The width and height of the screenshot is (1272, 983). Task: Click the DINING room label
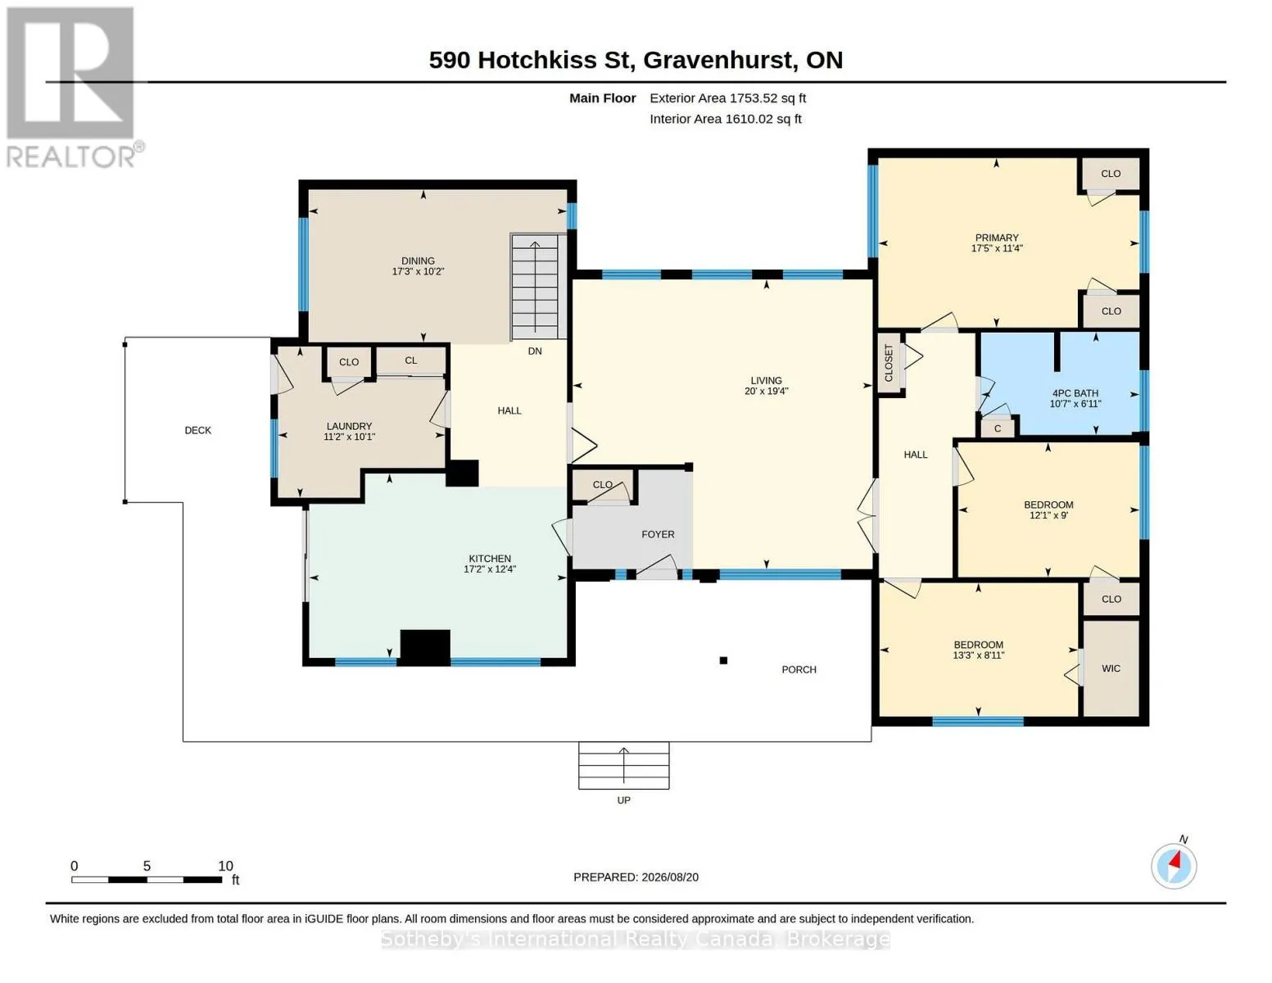click(418, 260)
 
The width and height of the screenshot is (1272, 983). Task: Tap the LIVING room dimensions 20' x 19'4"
click(767, 391)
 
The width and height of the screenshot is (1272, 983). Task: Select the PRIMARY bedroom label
click(997, 238)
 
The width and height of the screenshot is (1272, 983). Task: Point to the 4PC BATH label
click(1075, 393)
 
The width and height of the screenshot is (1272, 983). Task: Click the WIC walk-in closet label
click(1111, 668)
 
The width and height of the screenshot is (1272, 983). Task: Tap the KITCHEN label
click(490, 559)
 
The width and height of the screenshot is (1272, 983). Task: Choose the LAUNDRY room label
click(350, 426)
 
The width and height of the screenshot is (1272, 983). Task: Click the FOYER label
click(658, 534)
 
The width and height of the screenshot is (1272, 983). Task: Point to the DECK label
click(198, 430)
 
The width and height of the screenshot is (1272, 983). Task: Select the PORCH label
click(799, 669)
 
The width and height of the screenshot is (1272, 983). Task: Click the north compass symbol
click(1175, 866)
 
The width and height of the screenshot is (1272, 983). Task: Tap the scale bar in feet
click(147, 879)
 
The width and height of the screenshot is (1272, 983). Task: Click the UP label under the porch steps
click(624, 800)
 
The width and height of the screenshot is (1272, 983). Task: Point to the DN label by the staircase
click(535, 351)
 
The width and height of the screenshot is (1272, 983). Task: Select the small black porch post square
click(723, 660)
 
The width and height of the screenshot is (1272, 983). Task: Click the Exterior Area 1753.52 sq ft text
click(728, 98)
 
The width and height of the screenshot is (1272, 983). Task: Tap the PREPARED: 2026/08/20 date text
click(636, 877)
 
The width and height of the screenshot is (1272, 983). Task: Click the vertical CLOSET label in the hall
click(889, 363)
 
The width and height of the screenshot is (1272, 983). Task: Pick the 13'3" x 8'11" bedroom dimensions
click(979, 655)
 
